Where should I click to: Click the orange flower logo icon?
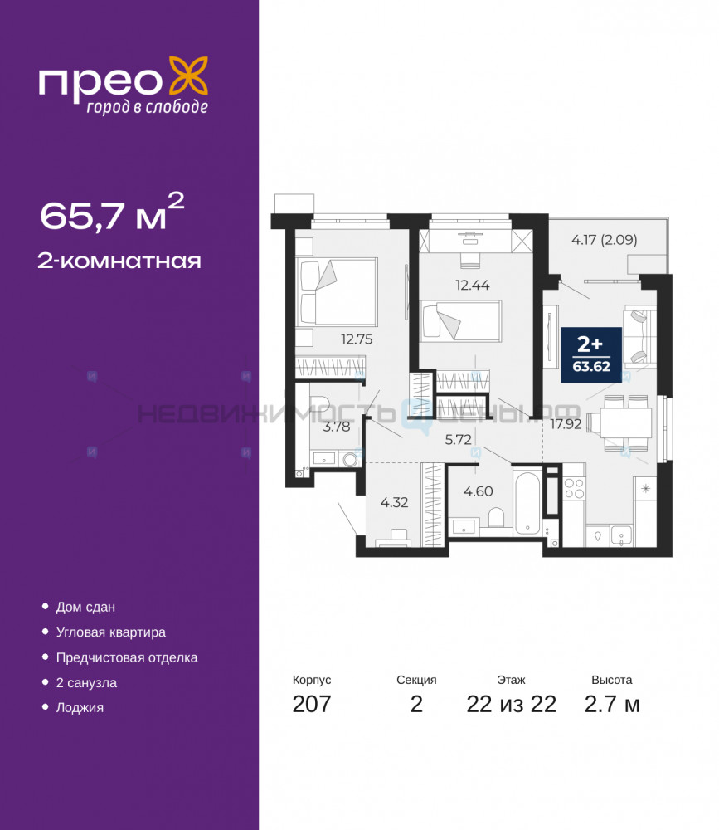pos(187,77)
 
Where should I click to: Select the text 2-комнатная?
pos(119,261)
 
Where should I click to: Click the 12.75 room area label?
pos(357,339)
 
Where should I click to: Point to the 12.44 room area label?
pos(473,286)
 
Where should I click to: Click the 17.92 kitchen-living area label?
pos(566,424)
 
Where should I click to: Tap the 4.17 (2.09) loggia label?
pos(605,240)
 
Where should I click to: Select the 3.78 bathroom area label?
pos(337,426)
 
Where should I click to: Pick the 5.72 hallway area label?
pos(458,439)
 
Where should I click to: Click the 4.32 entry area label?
pos(394,502)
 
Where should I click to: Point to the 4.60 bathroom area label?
pos(479,491)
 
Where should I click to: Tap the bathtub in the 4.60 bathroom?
pos(527,500)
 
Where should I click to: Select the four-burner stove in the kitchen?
pos(574,488)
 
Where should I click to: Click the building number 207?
pos(312,704)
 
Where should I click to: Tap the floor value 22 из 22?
pos(511,704)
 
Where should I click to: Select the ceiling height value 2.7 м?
pos(612,704)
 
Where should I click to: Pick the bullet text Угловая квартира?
pos(110,632)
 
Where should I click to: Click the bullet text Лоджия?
pos(80,708)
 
